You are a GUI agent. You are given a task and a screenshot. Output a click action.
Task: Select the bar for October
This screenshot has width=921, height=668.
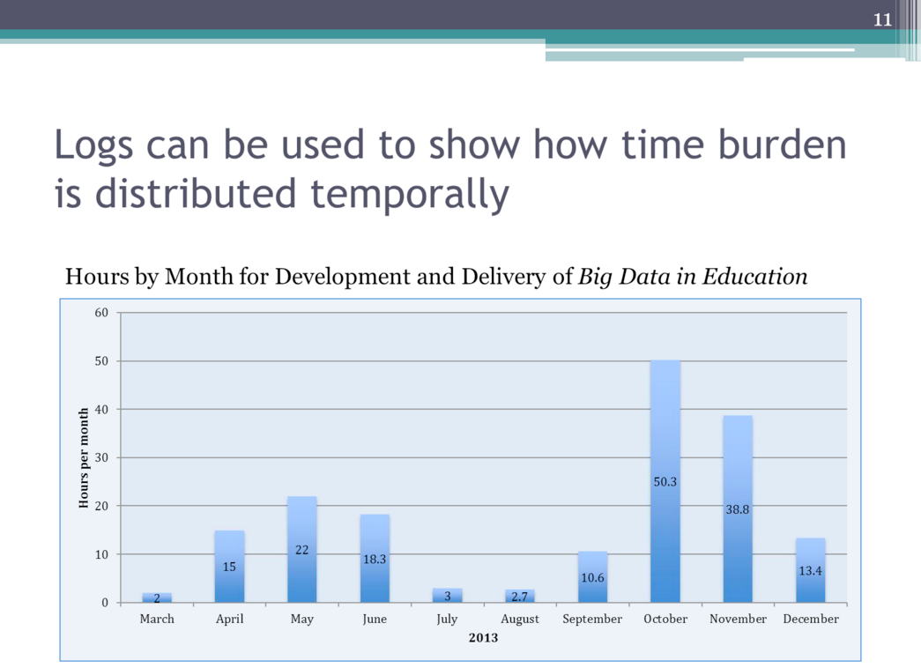click(665, 481)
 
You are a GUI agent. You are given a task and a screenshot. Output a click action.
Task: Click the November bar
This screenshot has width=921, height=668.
click(738, 508)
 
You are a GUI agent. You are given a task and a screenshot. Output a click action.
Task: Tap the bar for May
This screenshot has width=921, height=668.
click(302, 549)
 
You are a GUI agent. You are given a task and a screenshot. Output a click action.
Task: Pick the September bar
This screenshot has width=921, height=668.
click(592, 577)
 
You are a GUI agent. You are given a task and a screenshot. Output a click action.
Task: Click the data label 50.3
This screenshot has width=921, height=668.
click(665, 482)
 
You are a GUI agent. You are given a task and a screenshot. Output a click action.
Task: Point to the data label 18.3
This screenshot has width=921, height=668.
click(375, 559)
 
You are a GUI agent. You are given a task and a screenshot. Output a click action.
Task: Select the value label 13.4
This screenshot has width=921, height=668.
click(811, 570)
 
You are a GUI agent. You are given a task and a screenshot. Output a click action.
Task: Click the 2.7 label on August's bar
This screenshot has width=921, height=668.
click(520, 597)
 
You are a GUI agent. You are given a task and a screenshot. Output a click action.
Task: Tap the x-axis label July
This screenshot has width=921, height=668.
click(447, 620)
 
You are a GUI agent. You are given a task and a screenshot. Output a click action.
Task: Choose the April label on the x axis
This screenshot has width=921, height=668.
click(229, 620)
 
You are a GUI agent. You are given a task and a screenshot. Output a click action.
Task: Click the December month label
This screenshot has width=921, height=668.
click(811, 619)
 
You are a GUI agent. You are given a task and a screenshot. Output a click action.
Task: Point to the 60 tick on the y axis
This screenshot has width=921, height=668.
click(101, 313)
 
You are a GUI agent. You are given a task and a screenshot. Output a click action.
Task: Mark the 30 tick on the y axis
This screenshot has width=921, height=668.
click(101, 457)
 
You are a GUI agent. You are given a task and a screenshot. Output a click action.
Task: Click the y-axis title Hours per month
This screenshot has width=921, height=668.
click(84, 457)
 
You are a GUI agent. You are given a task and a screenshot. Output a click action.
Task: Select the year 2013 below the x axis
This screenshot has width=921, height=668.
click(483, 637)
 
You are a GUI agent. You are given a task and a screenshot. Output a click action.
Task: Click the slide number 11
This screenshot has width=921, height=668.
click(882, 20)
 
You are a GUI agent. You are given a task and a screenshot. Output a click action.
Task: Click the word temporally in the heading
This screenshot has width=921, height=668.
click(410, 194)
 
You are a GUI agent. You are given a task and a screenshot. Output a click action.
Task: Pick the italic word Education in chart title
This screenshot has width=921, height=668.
click(754, 276)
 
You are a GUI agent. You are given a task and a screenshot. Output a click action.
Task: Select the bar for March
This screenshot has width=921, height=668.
click(157, 597)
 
